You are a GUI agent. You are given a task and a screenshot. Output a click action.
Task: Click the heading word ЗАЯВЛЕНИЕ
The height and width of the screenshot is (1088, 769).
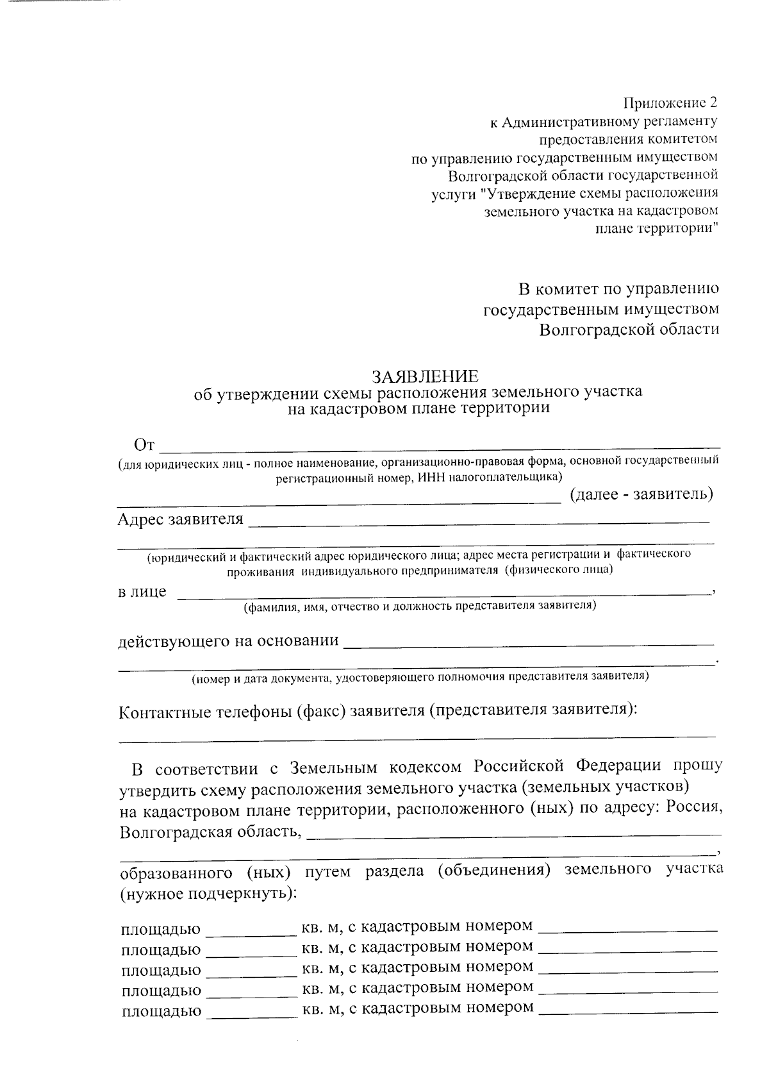426,376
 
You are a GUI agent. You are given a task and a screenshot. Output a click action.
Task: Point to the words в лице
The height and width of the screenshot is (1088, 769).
142,591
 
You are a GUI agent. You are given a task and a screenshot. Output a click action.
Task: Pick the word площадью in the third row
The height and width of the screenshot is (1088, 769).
161,970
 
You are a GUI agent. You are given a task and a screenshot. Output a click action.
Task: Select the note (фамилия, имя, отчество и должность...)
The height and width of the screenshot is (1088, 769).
420,606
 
